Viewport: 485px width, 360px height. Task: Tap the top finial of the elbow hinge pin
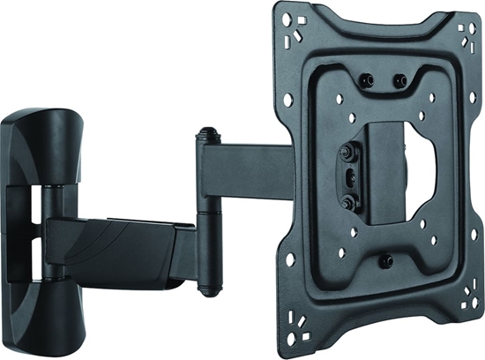click(206, 135)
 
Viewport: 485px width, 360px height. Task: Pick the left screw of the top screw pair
click(368, 80)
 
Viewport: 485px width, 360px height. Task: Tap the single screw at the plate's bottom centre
click(385, 261)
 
